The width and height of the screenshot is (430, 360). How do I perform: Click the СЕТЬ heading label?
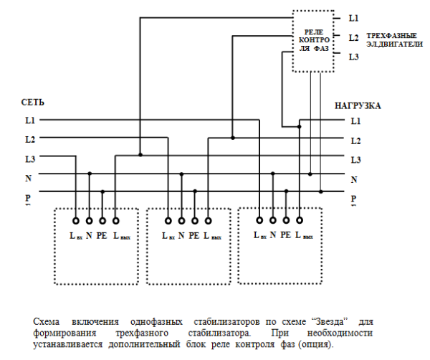34,103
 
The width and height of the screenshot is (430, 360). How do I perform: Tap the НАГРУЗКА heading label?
358,105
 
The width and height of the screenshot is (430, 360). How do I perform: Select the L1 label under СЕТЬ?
30,120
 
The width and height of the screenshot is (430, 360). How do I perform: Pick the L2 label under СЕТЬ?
30,139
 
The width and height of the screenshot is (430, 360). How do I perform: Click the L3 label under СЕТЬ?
30,158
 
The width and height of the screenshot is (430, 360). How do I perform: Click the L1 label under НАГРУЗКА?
355,121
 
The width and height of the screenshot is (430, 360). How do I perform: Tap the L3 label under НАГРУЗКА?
355,159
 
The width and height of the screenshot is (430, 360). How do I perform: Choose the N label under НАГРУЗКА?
354,179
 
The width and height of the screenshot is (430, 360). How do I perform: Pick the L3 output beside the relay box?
354,56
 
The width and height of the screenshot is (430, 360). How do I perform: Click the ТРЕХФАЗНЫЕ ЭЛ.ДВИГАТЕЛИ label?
391,39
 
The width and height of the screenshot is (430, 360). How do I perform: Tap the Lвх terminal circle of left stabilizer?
76,221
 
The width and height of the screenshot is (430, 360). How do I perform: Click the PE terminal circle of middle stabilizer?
195,221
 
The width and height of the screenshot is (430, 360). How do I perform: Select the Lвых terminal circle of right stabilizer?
299,221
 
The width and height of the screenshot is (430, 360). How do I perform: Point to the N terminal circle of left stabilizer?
90,221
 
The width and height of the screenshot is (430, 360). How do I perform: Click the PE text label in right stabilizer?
286,235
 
